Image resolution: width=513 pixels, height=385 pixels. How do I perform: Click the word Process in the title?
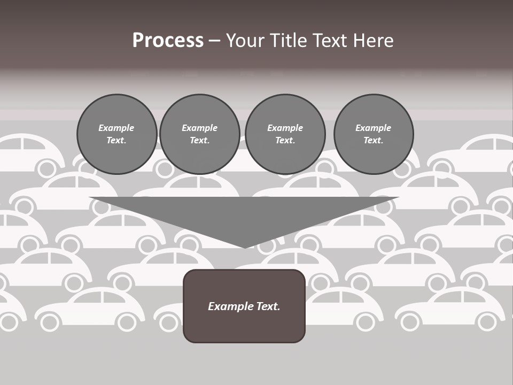coord(168,41)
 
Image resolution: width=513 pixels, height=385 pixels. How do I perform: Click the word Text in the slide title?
coord(330,41)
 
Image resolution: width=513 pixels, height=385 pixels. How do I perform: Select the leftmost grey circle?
coord(116,134)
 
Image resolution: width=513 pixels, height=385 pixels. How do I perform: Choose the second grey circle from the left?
coord(199,134)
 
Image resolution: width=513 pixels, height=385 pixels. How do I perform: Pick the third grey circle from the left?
coord(285,134)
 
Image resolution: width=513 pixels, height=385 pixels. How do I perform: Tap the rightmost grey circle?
coord(374,134)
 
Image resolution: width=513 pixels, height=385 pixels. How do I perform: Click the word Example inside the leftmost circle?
coord(116,128)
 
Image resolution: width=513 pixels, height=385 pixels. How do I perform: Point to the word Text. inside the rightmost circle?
coord(374,140)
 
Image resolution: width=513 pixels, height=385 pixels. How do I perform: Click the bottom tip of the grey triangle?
coord(245,248)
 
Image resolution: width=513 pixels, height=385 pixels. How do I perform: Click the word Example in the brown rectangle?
coord(230,306)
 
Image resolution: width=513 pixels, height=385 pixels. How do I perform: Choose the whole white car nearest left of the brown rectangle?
coord(91,309)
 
